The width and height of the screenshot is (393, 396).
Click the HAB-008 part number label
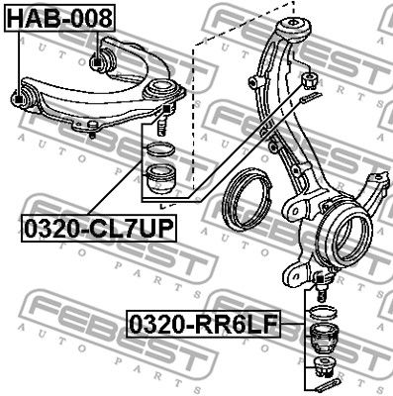(59, 18)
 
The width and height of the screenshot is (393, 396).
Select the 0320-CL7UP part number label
(99, 228)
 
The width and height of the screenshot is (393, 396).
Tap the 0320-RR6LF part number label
(204, 324)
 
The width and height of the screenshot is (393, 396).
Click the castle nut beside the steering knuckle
(310, 80)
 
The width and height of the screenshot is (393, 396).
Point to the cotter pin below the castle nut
(310, 96)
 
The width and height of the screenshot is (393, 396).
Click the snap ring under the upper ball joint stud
(160, 148)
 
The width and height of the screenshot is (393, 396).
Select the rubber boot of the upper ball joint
(160, 179)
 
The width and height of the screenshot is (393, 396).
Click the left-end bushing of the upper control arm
(23, 96)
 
